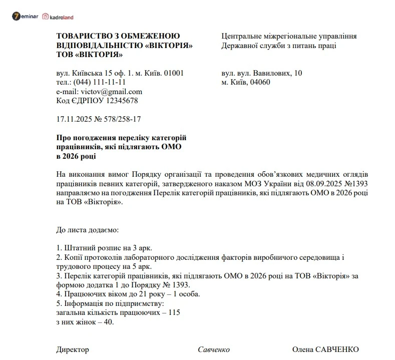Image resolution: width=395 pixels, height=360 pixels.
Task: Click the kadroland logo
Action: pyautogui.click(x=58, y=17)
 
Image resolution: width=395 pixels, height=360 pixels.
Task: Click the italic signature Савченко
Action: pyautogui.click(x=213, y=349)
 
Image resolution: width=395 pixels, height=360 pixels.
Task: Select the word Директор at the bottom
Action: pyautogui.click(x=73, y=349)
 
